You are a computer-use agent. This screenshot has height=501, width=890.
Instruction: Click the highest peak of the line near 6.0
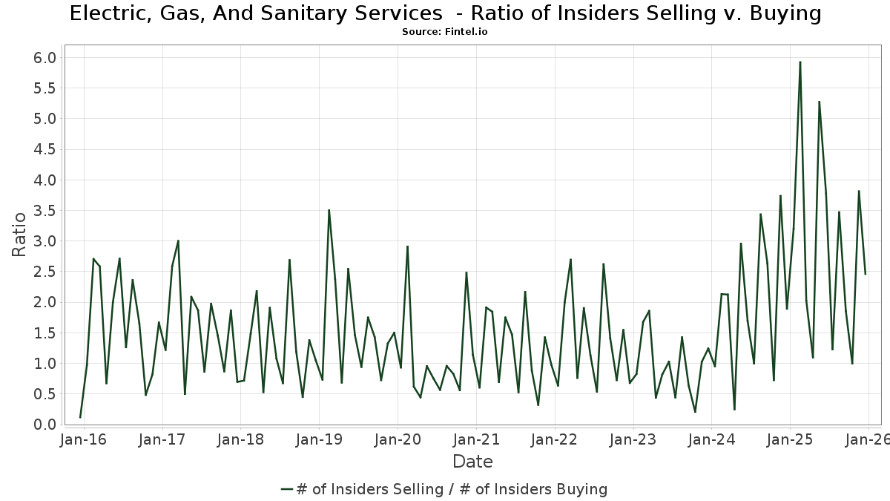point(800,62)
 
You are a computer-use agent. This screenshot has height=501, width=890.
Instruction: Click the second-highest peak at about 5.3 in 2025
point(820,102)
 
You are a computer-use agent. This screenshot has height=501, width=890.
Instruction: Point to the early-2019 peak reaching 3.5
point(329,210)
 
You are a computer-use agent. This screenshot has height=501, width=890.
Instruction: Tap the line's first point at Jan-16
point(80,417)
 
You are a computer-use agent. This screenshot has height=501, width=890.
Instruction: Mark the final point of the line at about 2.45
point(865,274)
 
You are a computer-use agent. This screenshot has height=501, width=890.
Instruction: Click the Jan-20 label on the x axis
point(398,439)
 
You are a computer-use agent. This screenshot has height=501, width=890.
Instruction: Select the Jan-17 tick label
point(162,439)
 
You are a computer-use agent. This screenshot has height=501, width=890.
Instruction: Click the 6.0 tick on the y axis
point(45,58)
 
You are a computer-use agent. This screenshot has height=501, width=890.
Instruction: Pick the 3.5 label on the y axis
point(45,211)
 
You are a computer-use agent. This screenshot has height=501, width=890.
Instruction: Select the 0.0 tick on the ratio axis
point(45,425)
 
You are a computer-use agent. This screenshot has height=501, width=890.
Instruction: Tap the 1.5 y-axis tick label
point(45,333)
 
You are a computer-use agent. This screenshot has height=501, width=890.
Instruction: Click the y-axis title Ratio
point(19,234)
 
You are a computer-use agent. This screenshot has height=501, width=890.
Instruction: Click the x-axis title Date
point(472,462)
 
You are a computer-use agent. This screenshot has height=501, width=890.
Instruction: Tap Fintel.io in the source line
point(459,32)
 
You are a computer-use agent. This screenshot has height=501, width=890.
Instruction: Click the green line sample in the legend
point(287,489)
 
